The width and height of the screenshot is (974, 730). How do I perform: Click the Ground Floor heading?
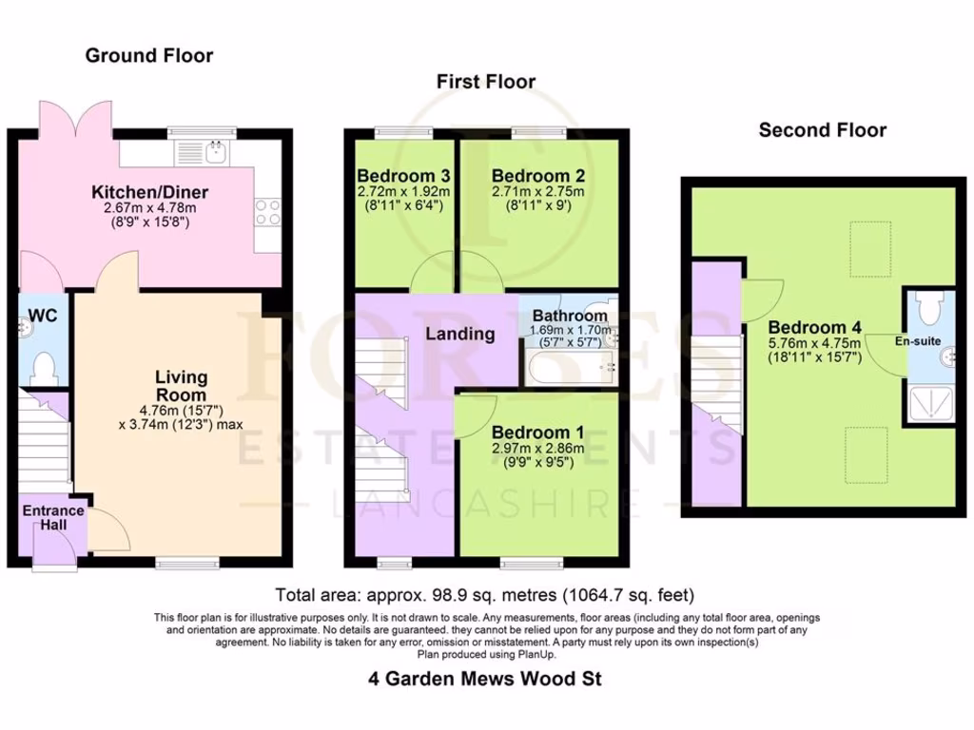[149, 56]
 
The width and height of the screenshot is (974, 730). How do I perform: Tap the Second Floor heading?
[822, 130]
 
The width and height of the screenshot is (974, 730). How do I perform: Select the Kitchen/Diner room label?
[155, 193]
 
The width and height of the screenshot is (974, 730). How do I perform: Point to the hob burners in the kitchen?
[267, 211]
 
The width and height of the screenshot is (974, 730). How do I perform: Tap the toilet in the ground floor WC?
[43, 367]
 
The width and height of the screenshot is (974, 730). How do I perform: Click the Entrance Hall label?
[53, 518]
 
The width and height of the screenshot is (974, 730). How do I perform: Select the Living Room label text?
[181, 386]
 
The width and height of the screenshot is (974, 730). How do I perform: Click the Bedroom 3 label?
[403, 176]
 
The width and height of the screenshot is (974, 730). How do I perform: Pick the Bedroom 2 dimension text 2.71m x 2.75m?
[538, 191]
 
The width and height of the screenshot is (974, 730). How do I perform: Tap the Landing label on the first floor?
[459, 334]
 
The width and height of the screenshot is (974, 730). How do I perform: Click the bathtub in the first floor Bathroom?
[566, 365]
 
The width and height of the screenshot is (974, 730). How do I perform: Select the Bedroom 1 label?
[538, 432]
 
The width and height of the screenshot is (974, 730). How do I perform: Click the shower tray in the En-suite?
[928, 403]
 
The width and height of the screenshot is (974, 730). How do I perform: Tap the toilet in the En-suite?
[928, 307]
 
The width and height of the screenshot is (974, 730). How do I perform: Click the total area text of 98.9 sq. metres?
[484, 596]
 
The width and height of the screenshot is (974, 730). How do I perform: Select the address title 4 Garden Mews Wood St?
[484, 679]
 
